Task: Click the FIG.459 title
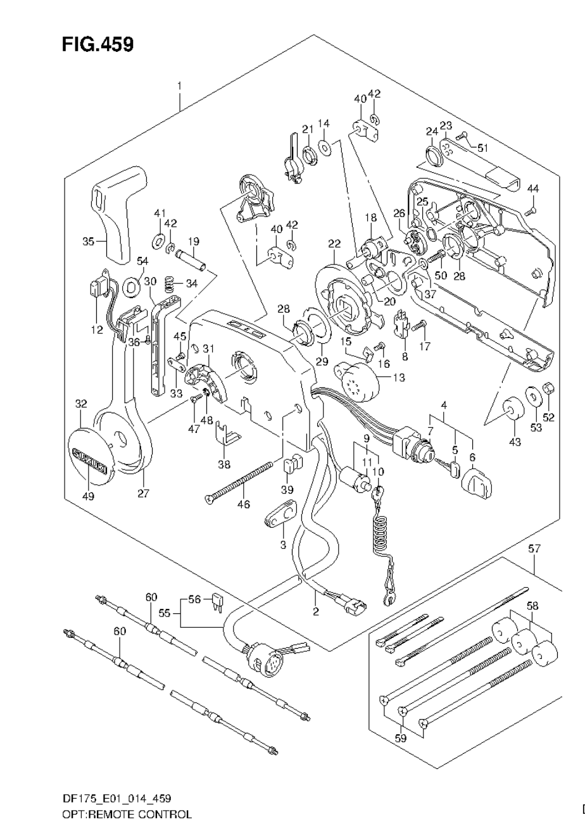[x=97, y=45]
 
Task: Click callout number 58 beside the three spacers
[x=534, y=606]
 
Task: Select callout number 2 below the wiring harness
[x=315, y=611]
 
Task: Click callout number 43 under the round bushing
[x=515, y=442]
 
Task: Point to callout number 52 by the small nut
[x=548, y=417]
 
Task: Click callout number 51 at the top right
[x=483, y=149]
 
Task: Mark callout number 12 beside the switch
[x=96, y=312]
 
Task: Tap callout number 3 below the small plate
[x=283, y=544]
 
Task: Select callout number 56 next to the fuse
[x=194, y=599]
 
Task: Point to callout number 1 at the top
[x=180, y=85]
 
